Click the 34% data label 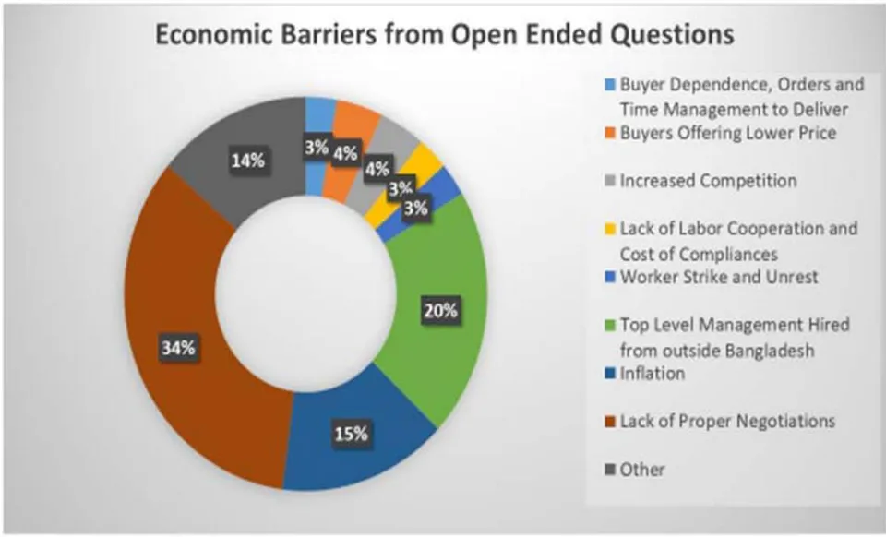pos(178,348)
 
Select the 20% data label pos(441,310)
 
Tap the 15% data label pos(352,434)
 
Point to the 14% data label pos(247,161)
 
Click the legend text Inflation pos(653,374)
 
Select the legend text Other pos(642,470)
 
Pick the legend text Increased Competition pos(709,181)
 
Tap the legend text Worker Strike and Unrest pos(719,277)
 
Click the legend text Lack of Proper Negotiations pos(727,422)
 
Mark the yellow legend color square pos(610,229)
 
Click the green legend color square pos(610,326)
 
